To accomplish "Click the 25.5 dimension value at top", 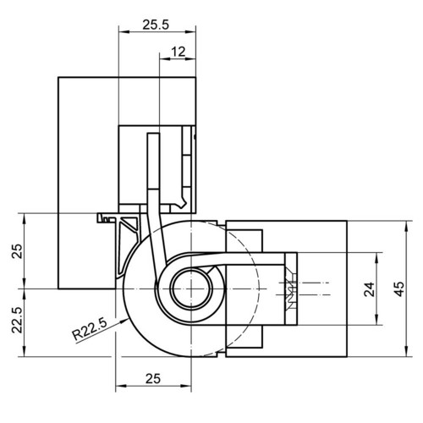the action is [156, 25].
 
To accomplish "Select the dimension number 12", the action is [179, 52].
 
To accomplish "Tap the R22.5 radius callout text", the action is [90, 329].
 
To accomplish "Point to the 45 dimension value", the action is [399, 289].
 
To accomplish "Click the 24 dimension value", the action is [370, 289].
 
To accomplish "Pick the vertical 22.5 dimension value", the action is [17, 320].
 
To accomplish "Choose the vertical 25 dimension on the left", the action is [17, 251].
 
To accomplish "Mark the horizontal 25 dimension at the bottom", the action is [153, 379].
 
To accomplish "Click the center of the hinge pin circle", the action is [191, 289].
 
